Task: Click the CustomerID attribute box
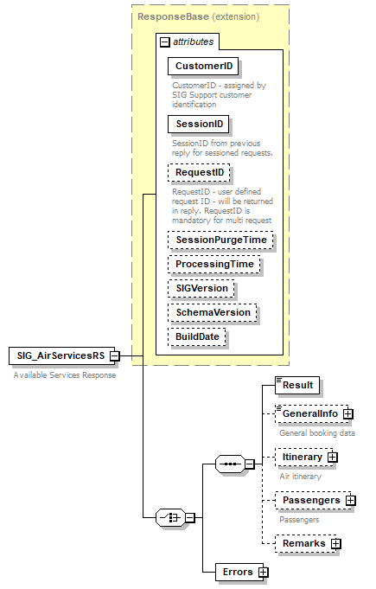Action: click(x=204, y=66)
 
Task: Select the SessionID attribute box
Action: click(x=197, y=125)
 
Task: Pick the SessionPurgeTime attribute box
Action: click(x=220, y=240)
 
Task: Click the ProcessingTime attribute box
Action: click(x=214, y=264)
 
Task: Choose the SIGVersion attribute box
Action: click(x=202, y=288)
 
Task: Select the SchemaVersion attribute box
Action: click(x=213, y=312)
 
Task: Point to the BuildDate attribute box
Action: click(x=198, y=336)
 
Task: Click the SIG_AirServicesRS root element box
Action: click(x=59, y=355)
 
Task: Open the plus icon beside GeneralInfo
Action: click(x=348, y=414)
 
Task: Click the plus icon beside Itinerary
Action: click(x=332, y=457)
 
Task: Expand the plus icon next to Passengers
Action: click(x=351, y=500)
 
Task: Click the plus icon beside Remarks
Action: click(x=336, y=543)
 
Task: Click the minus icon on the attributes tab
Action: click(x=163, y=41)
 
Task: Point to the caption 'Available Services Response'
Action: click(x=66, y=375)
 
